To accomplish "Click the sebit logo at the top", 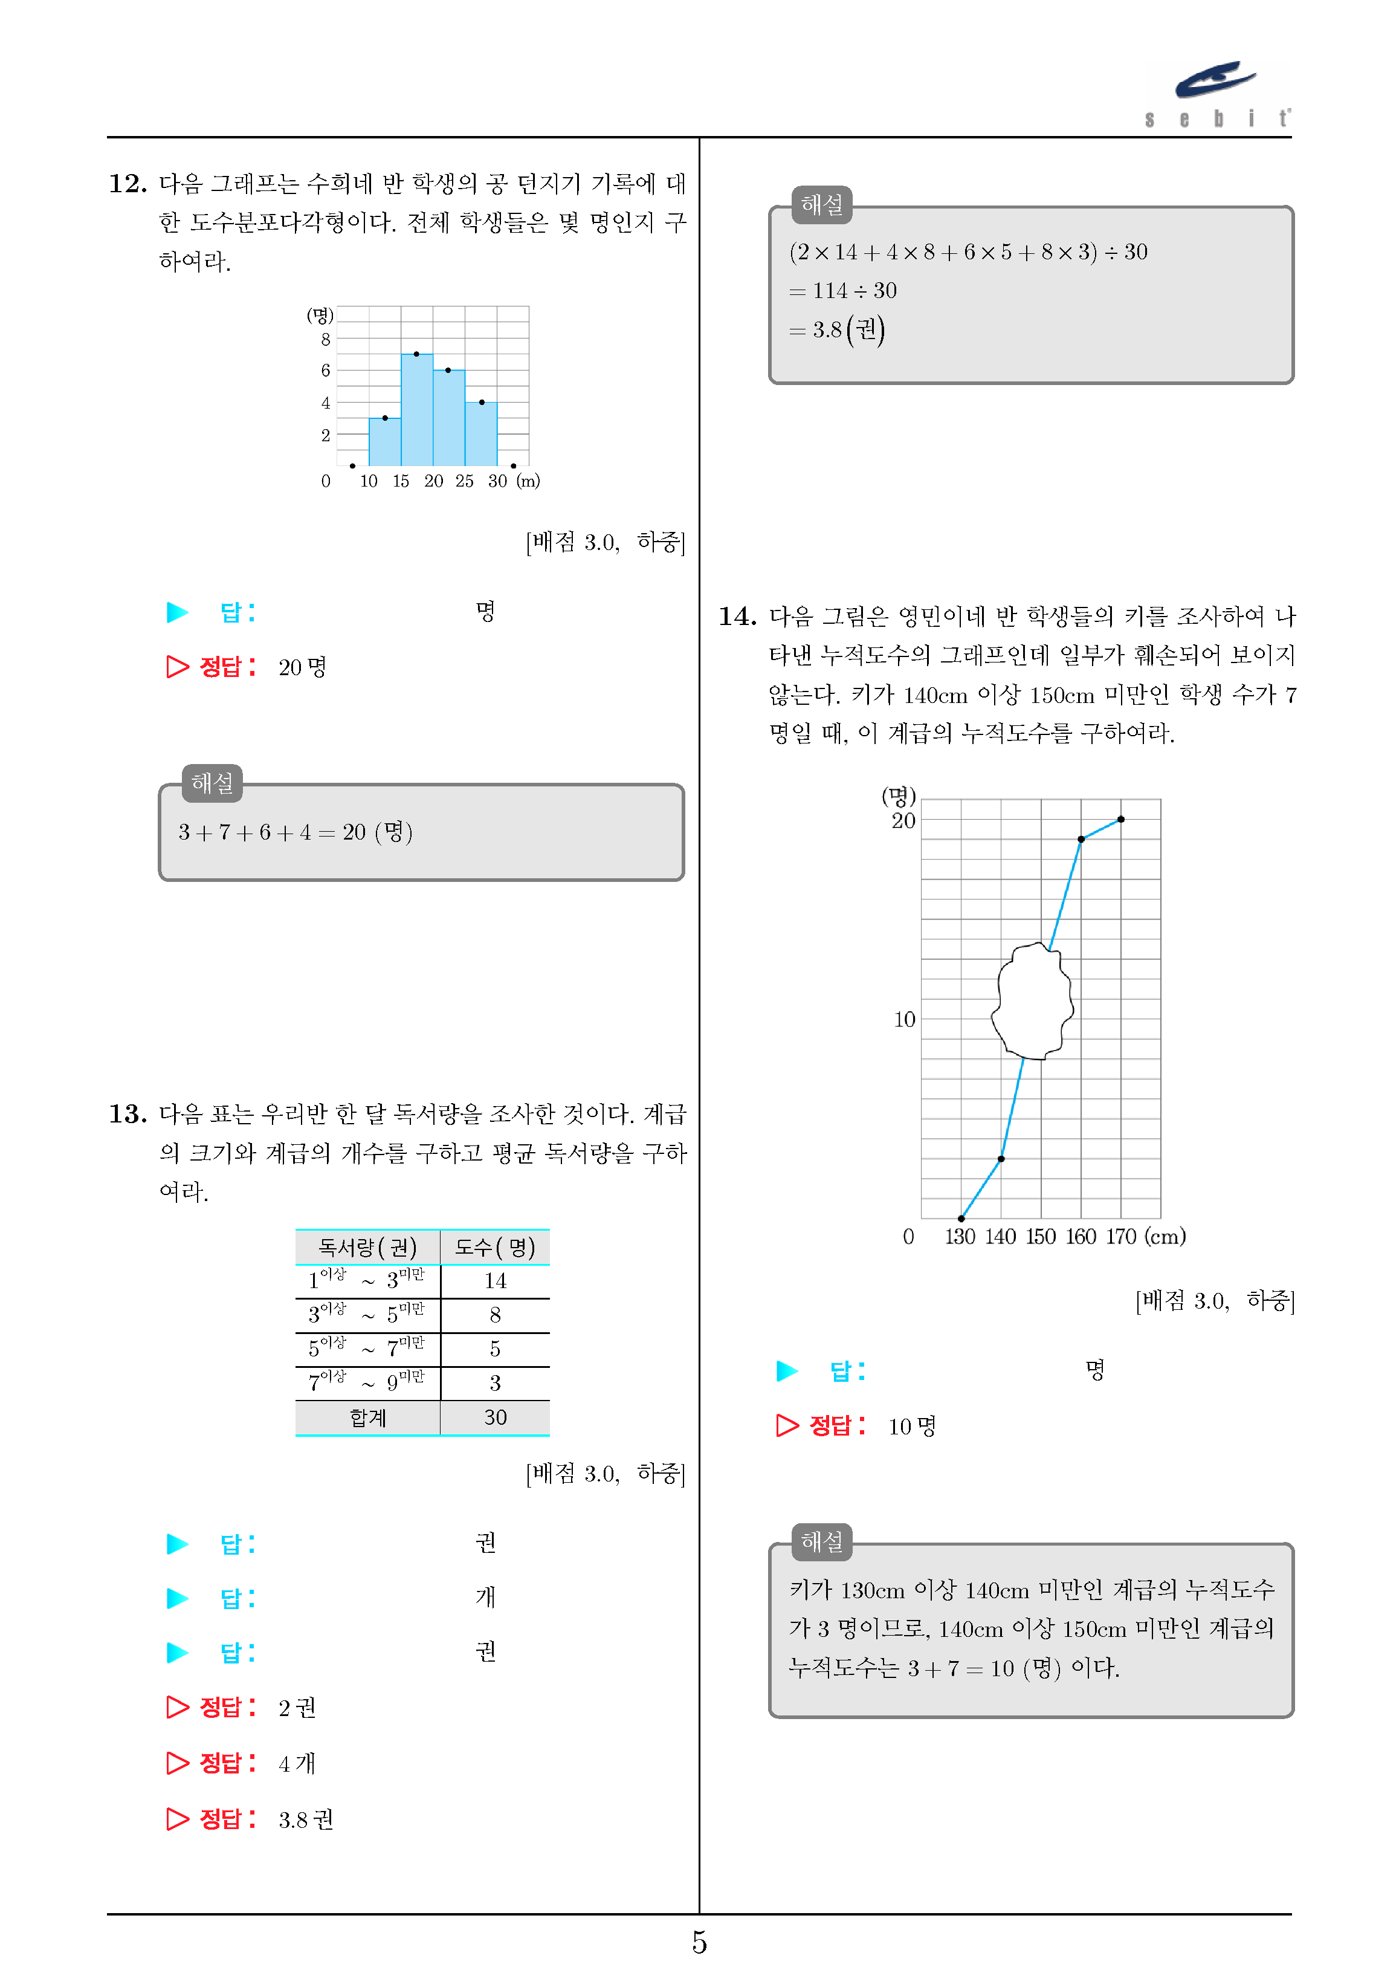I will pyautogui.click(x=1217, y=93).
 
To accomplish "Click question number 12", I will pyautogui.click(x=127, y=184).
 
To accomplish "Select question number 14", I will pyautogui.click(x=737, y=617).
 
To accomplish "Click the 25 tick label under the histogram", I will pyautogui.click(x=465, y=481).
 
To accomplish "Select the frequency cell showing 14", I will pyautogui.click(x=495, y=1281).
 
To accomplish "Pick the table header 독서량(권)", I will pyautogui.click(x=367, y=1247).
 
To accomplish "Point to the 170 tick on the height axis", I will pyautogui.click(x=1120, y=1237).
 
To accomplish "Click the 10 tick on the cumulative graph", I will pyautogui.click(x=904, y=1020).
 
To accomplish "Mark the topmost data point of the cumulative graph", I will pyautogui.click(x=1120, y=820).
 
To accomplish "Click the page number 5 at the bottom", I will pyautogui.click(x=699, y=1943).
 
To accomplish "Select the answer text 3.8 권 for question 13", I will pyautogui.click(x=305, y=1819).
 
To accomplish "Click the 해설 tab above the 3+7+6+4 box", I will pyautogui.click(x=212, y=783).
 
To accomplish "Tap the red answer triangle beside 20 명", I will pyautogui.click(x=178, y=666).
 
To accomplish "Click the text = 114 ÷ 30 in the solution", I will pyautogui.click(x=843, y=291).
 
